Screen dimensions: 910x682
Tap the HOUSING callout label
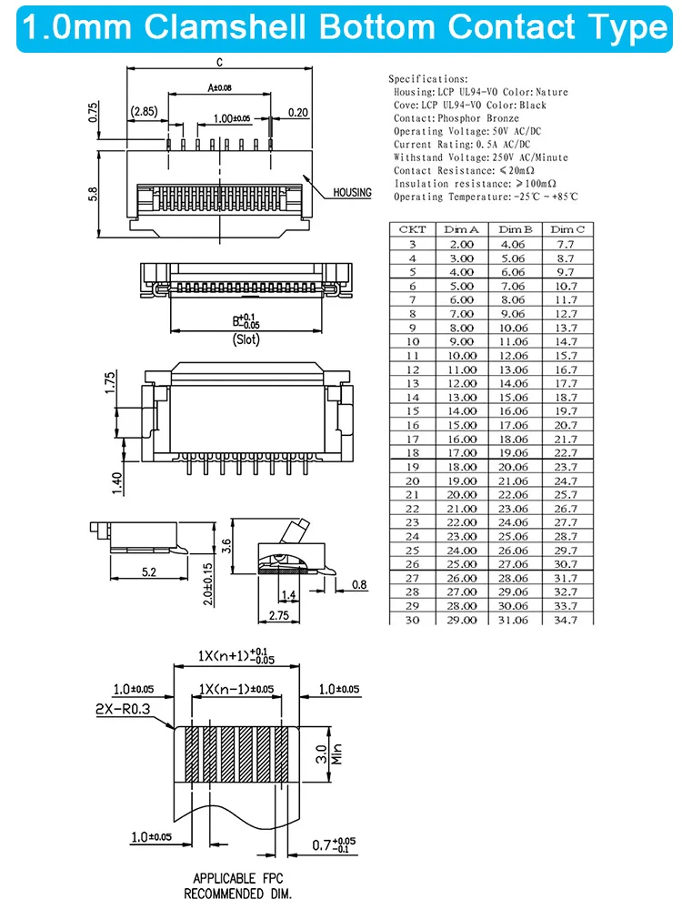(352, 193)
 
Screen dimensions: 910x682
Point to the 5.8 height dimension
(94, 195)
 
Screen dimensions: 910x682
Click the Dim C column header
(567, 229)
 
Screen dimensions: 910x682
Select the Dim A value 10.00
(461, 355)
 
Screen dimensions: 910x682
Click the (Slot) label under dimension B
(246, 340)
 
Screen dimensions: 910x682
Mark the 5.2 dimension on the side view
(149, 571)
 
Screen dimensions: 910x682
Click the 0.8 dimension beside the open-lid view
(360, 585)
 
